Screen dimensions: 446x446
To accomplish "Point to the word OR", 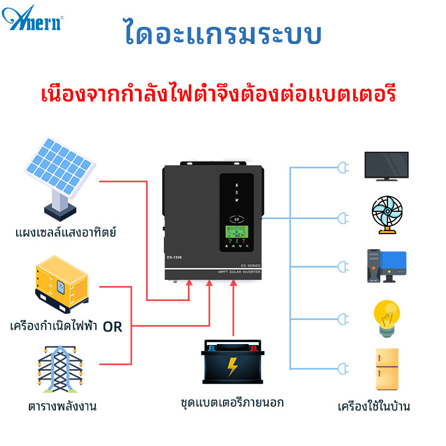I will (112, 327).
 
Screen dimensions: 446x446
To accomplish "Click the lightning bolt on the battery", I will (232, 367).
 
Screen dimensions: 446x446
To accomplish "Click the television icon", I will (386, 166).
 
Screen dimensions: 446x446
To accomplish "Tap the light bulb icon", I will (386, 318).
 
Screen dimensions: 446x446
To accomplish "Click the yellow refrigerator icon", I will (387, 369).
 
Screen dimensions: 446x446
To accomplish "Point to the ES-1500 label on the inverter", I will (174, 257).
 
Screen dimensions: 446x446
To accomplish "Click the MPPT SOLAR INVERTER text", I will (239, 272).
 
